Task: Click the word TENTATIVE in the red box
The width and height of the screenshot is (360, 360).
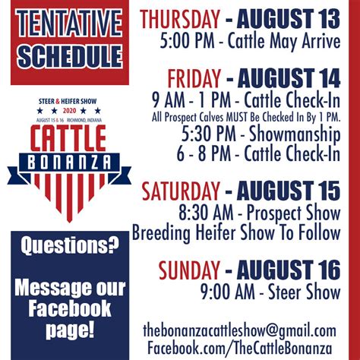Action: pos(69,23)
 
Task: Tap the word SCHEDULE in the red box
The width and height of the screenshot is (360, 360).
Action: pos(70,56)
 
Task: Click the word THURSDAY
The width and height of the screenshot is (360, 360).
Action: pos(180,19)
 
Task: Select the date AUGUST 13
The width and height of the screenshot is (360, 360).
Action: pos(289,19)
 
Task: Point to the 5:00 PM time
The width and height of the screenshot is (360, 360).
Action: pos(187,41)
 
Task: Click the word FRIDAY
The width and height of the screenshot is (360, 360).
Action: pos(194,79)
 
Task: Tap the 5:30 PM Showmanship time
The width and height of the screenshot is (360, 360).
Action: pos(209,134)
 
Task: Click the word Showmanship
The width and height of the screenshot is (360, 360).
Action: pos(295,134)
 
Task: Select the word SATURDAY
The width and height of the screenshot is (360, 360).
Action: pos(181,191)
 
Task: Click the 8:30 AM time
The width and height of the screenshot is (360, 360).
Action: pos(207,213)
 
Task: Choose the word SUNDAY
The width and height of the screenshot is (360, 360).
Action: pos(189,270)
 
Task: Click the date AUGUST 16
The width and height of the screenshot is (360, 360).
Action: pos(289,270)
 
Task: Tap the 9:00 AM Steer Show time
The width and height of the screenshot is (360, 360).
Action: pos(228,292)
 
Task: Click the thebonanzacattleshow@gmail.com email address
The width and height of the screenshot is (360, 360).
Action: pos(239,331)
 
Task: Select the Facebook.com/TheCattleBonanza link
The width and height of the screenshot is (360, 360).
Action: pos(239,348)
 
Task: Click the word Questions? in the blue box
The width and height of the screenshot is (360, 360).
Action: pos(70,246)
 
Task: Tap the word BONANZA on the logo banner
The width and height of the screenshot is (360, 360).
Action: pos(69,163)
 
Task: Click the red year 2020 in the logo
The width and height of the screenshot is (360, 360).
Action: pos(69,111)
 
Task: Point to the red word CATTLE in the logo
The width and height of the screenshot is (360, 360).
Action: pos(68,138)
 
